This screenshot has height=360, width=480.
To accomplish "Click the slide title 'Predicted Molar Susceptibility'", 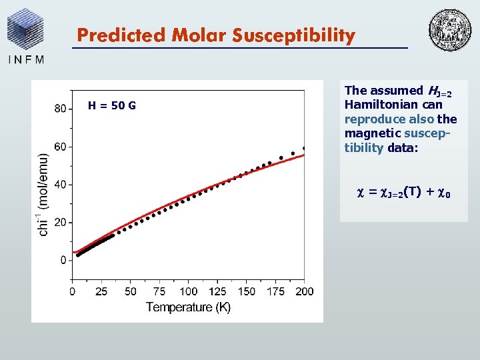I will tap(215, 35).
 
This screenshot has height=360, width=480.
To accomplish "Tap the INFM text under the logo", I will tap(27, 59).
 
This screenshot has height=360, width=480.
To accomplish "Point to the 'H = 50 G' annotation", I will tap(112, 105).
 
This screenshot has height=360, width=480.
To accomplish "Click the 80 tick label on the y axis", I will tap(60, 109).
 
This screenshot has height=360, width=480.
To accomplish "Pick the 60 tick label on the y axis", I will tap(60, 147).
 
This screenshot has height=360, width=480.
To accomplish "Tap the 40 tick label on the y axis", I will tap(60, 185).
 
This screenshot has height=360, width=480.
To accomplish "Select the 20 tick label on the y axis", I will tap(60, 222).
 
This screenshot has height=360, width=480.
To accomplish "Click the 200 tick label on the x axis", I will tap(304, 291).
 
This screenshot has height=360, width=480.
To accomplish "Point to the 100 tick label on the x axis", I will tap(189, 291).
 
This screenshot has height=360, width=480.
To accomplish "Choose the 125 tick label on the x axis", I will tap(217, 291).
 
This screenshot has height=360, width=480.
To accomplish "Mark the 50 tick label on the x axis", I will tap(131, 291).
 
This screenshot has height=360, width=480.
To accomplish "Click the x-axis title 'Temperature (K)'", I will tap(188, 307).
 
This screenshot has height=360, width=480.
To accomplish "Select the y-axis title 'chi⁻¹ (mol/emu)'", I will tap(43, 194).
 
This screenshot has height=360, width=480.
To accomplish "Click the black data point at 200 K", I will tap(304, 148).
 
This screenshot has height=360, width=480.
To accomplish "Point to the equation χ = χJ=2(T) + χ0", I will tap(405, 193).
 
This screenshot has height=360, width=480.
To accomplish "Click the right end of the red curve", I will tap(304, 155).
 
